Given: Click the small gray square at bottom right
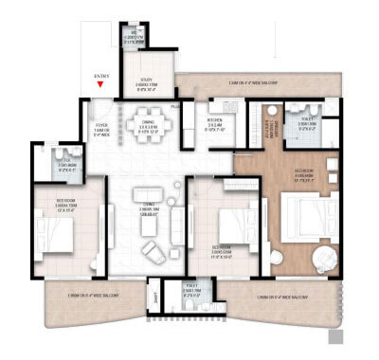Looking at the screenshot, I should click(334, 335).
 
